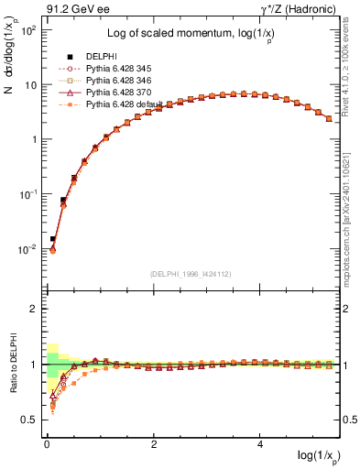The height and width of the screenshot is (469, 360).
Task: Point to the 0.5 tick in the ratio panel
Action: click(32, 420)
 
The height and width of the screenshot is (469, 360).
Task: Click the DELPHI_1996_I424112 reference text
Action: click(190, 273)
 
